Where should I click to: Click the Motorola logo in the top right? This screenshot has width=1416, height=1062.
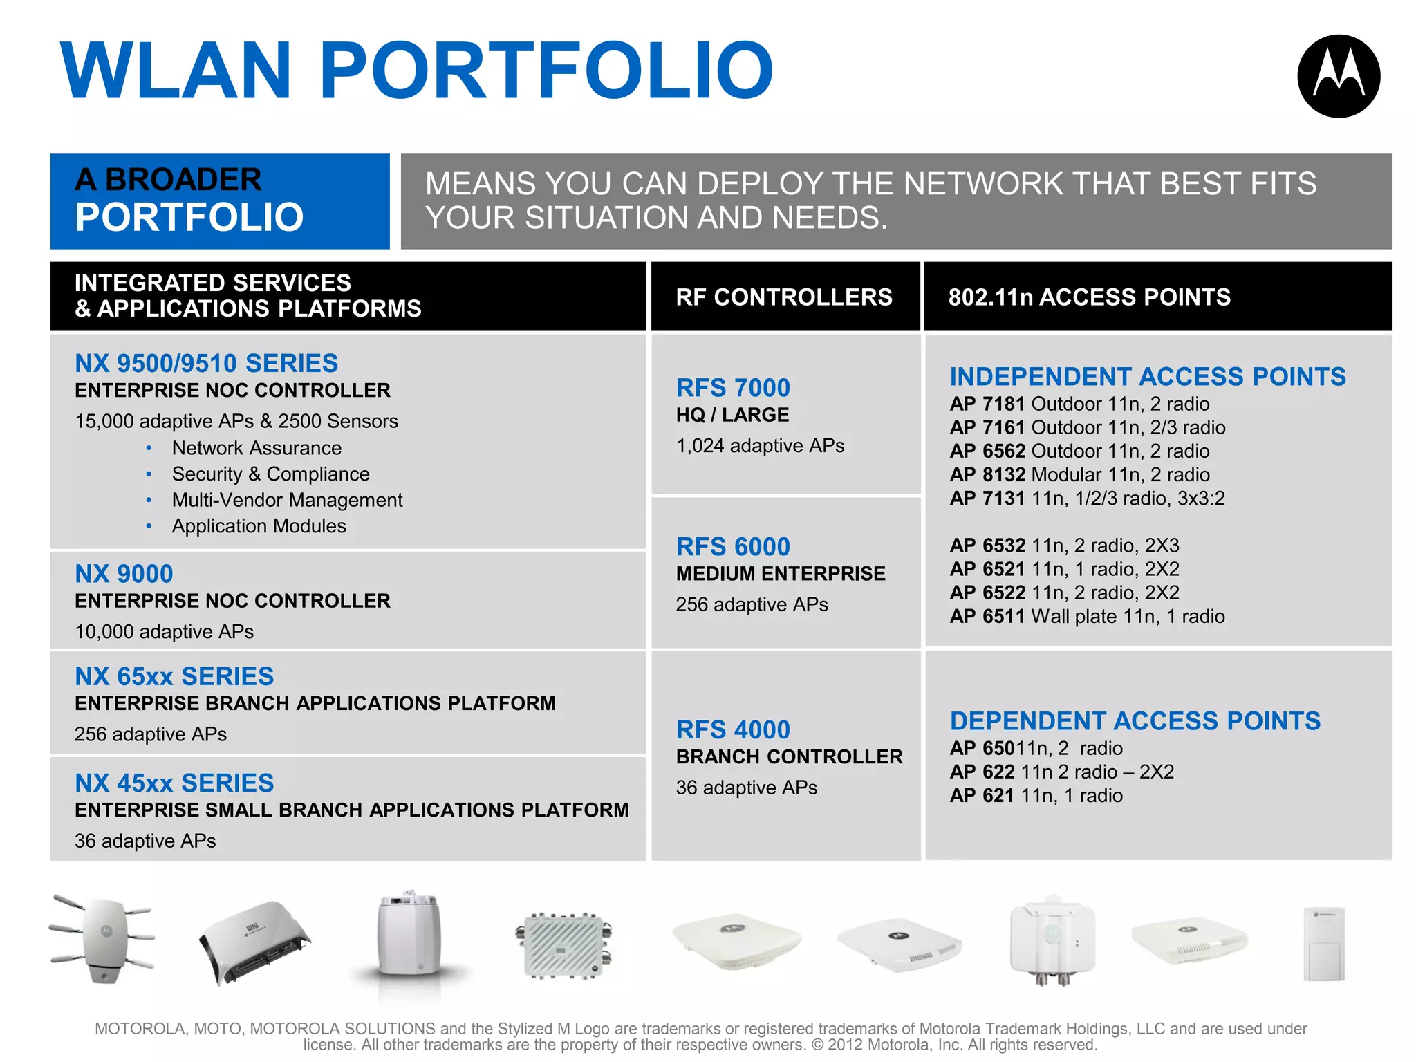[x=1338, y=76]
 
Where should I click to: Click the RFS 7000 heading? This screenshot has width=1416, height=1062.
[x=732, y=388]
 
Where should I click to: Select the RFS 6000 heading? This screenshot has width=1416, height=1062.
[x=732, y=547]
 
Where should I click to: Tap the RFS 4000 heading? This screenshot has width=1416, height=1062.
[x=732, y=730]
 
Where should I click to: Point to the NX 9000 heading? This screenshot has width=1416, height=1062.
[x=124, y=574]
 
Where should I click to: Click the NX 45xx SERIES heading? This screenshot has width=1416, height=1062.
[x=174, y=783]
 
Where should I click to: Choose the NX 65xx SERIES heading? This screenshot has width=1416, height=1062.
[x=174, y=676]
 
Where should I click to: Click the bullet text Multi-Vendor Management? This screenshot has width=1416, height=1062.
[x=287, y=500]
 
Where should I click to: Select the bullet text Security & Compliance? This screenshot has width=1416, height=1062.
[x=270, y=474]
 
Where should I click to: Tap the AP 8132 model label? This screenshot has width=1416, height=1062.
[x=987, y=475]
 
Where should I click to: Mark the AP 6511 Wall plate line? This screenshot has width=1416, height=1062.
[x=1086, y=616]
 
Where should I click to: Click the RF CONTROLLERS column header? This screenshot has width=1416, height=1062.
[x=784, y=297]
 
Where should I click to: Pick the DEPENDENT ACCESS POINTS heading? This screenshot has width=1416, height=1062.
[x=1135, y=721]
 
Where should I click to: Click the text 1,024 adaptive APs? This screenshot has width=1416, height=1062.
[x=760, y=446]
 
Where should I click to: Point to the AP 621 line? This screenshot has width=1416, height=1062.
[x=1035, y=796]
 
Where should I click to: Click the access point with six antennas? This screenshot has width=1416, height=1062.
[x=102, y=937]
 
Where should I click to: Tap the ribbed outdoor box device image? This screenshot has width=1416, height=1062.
[x=563, y=945]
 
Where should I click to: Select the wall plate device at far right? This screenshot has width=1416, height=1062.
[x=1323, y=943]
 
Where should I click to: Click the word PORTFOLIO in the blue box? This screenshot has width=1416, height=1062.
[x=189, y=217]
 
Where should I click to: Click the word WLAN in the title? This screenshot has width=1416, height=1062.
[x=176, y=71]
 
